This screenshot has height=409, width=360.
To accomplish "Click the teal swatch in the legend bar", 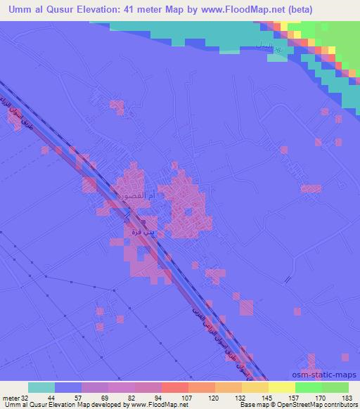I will (x=41, y=388).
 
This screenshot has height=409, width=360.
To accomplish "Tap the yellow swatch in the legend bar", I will (x=282, y=388).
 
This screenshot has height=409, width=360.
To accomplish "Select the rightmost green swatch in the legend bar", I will (x=335, y=388).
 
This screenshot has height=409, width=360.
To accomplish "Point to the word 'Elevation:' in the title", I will (x=100, y=10).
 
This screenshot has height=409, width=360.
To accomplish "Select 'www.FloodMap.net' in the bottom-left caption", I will (x=160, y=405).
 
